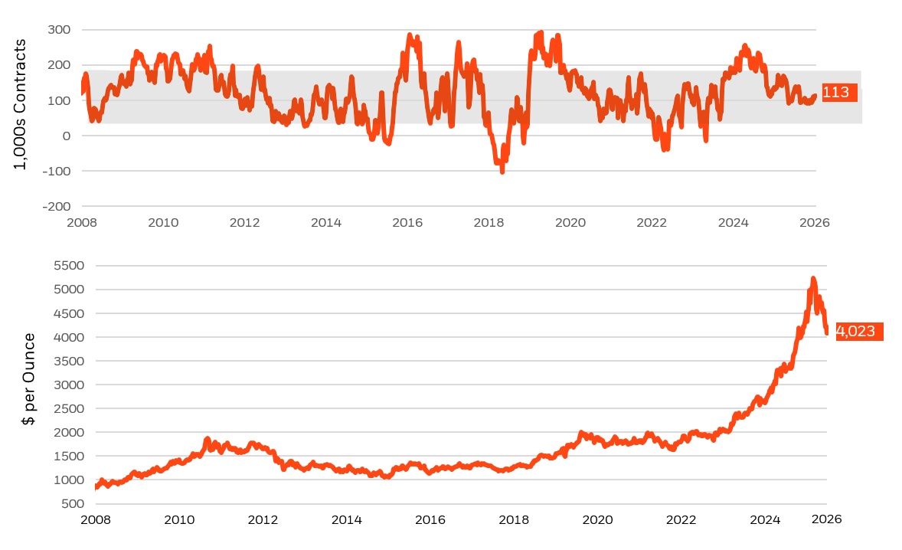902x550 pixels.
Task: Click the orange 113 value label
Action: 839,92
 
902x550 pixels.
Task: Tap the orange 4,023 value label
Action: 859,332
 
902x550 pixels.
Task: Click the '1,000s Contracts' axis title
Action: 20,104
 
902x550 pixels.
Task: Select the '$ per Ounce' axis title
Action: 28,378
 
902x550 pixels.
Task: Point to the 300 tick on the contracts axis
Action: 59,29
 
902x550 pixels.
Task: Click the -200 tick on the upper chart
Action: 57,207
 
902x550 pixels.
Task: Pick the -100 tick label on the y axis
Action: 57,171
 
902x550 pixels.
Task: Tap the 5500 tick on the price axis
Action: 69,266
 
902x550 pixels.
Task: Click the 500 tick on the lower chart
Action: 73,503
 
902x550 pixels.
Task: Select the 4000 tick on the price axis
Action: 69,337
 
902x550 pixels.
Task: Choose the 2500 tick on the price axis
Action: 69,408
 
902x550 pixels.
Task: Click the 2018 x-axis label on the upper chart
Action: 489,223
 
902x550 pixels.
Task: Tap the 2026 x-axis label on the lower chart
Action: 827,519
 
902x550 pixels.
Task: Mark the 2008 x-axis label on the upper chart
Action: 82,223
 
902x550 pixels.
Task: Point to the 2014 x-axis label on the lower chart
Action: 347,519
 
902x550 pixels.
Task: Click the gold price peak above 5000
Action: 813,279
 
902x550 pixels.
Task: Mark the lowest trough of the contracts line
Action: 502,172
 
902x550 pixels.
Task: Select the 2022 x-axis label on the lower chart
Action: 681,519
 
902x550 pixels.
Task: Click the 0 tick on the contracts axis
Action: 67,136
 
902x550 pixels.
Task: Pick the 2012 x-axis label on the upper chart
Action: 244,223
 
